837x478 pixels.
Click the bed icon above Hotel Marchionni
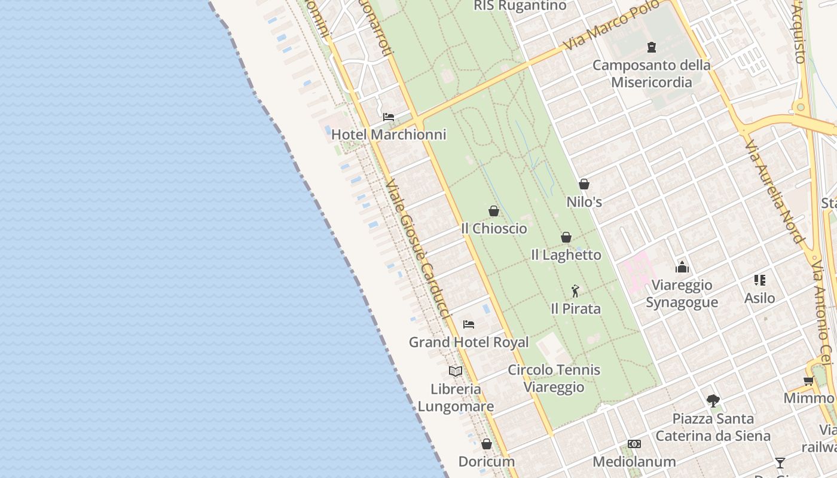click(x=389, y=117)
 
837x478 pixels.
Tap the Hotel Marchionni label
click(x=389, y=134)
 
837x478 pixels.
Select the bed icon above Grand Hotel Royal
click(x=469, y=324)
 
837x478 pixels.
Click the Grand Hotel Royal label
click(x=469, y=342)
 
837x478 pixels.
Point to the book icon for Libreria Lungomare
click(x=456, y=371)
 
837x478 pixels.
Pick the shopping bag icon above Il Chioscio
click(x=494, y=211)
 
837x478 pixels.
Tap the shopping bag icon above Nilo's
click(x=584, y=184)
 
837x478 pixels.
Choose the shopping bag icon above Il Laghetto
click(x=566, y=237)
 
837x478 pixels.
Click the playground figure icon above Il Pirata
click(x=575, y=291)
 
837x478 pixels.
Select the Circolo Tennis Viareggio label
click(x=554, y=378)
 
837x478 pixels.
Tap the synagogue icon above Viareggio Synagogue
click(x=682, y=267)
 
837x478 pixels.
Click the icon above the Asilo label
click(x=760, y=280)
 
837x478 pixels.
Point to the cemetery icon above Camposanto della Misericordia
click(x=652, y=47)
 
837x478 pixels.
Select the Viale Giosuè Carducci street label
click(x=416, y=248)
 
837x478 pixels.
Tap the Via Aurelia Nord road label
click(x=774, y=191)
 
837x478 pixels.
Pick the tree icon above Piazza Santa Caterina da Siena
click(x=713, y=400)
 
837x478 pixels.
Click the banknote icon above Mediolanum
click(x=634, y=444)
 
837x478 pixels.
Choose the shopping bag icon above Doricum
click(x=487, y=444)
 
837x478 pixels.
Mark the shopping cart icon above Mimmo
click(x=808, y=381)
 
